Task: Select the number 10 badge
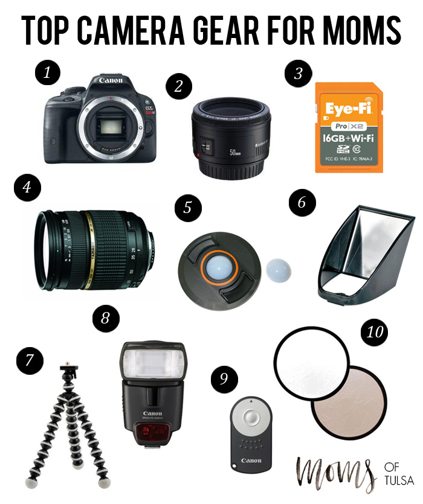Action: pos(375,332)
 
